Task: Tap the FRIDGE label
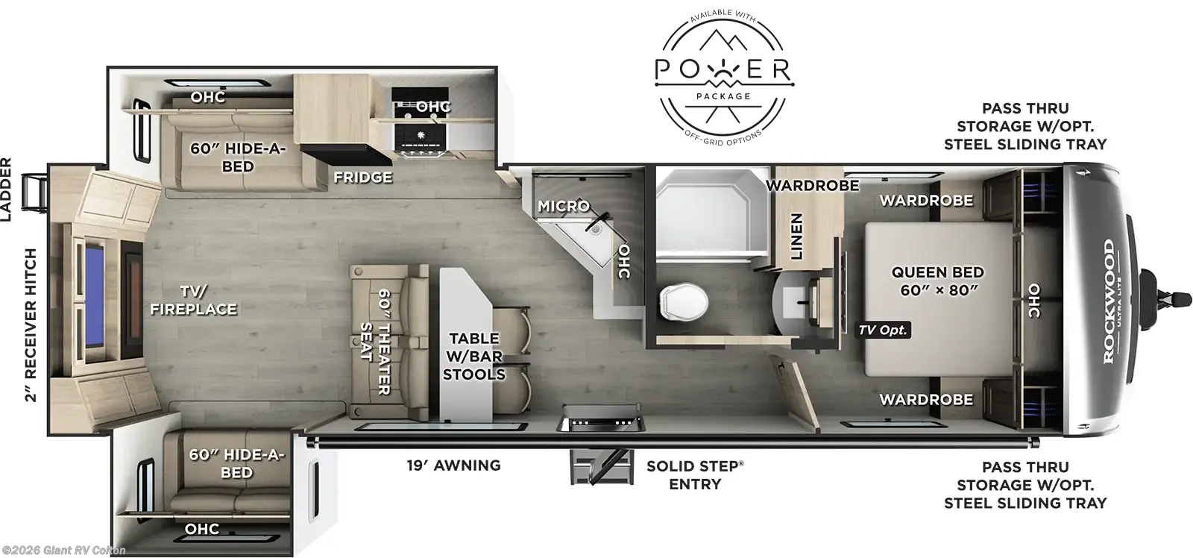tap(362, 177)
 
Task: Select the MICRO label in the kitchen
tap(563, 206)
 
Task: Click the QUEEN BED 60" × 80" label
tap(937, 281)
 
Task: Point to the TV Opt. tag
tap(882, 330)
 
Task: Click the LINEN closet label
tap(796, 236)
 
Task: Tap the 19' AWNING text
tap(453, 465)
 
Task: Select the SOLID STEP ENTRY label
tap(694, 475)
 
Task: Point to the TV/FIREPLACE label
tap(192, 299)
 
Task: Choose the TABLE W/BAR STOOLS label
tap(473, 357)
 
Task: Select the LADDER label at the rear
tap(7, 190)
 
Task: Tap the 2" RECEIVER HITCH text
tap(31, 325)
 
